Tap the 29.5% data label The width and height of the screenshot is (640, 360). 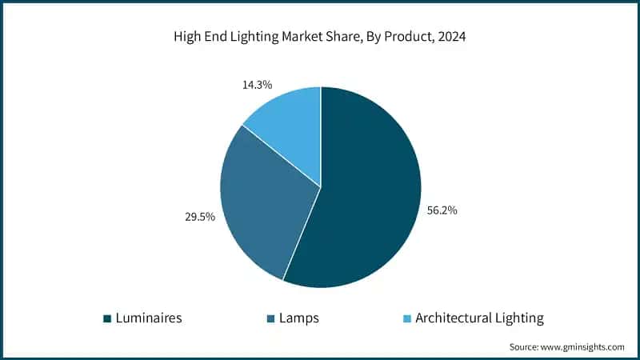tap(198, 217)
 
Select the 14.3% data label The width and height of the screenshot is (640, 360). tap(257, 83)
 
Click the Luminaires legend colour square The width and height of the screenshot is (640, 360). tap(106, 319)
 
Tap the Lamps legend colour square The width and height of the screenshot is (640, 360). tap(270, 319)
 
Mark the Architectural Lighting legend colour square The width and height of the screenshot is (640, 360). tap(406, 319)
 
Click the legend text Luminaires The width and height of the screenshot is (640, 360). tap(148, 318)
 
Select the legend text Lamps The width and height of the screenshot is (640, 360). tap(299, 318)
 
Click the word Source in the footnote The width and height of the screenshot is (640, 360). tap(525, 347)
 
